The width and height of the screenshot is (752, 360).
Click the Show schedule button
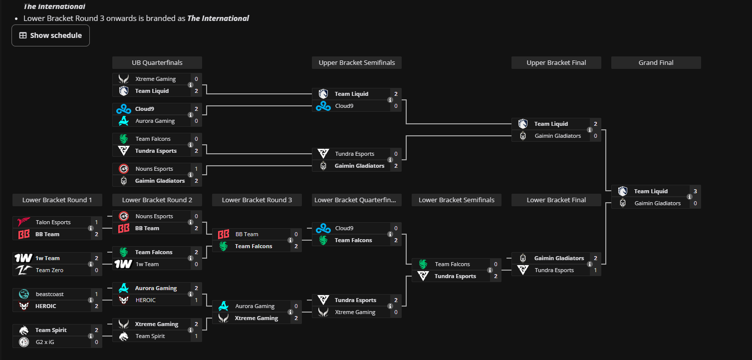click(51, 35)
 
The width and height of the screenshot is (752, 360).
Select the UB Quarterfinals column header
click(157, 63)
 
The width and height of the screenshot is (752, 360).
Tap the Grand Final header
click(656, 63)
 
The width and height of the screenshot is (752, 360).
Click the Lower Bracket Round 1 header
click(57, 200)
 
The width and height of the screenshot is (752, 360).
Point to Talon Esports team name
click(53, 222)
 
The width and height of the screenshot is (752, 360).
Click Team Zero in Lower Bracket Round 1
click(49, 270)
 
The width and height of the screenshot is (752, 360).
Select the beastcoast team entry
click(50, 294)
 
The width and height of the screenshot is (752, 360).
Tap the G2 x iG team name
click(45, 342)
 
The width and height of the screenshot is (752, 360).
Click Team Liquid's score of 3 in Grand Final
click(695, 191)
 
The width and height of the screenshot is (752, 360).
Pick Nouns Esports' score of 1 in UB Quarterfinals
click(197, 169)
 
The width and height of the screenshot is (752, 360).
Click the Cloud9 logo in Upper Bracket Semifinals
click(323, 106)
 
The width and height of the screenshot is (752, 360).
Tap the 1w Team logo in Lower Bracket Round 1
click(23, 258)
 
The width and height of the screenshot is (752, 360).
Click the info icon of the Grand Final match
click(690, 197)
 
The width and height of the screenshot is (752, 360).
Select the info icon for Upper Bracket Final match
click(590, 130)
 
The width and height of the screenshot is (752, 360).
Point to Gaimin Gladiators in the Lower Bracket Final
click(559, 258)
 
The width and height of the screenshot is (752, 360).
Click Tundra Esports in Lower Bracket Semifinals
click(455, 277)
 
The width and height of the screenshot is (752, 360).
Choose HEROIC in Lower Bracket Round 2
click(145, 300)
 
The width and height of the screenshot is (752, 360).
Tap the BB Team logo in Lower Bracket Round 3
click(224, 234)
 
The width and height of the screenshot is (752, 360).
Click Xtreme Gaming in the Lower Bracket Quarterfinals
click(355, 312)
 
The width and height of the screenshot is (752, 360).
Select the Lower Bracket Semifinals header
click(457, 200)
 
